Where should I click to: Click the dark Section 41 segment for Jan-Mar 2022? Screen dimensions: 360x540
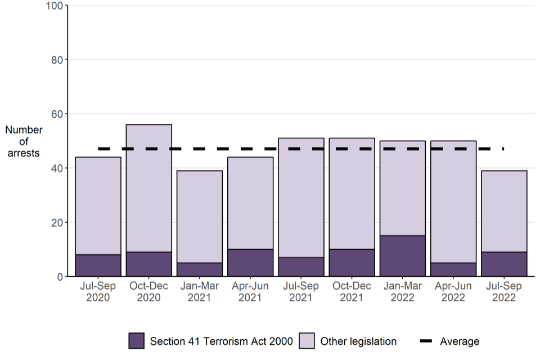tap(403, 256)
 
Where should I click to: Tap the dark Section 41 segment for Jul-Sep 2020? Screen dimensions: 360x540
tap(98, 265)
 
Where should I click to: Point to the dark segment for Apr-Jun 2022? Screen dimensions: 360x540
tap(453, 269)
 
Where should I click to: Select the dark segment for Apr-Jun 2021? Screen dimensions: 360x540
tap(250, 263)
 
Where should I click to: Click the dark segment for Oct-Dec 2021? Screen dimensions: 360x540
tap(352, 263)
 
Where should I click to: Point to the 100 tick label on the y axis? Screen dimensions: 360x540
tap(53, 6)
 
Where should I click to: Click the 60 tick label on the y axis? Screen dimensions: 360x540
tap(56, 114)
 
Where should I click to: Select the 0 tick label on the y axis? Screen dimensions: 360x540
tap(58, 277)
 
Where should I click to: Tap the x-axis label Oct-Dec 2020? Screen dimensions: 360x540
tap(149, 292)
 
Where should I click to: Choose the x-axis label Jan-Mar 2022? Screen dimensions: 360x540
tap(403, 292)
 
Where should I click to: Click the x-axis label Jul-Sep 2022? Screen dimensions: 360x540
tap(504, 292)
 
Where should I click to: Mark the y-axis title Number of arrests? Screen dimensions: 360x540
tap(24, 141)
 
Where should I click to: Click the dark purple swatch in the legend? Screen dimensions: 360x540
tap(137, 341)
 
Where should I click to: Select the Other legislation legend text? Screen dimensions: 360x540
tap(358, 341)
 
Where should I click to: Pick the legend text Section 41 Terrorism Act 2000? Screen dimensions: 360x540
tap(221, 341)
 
